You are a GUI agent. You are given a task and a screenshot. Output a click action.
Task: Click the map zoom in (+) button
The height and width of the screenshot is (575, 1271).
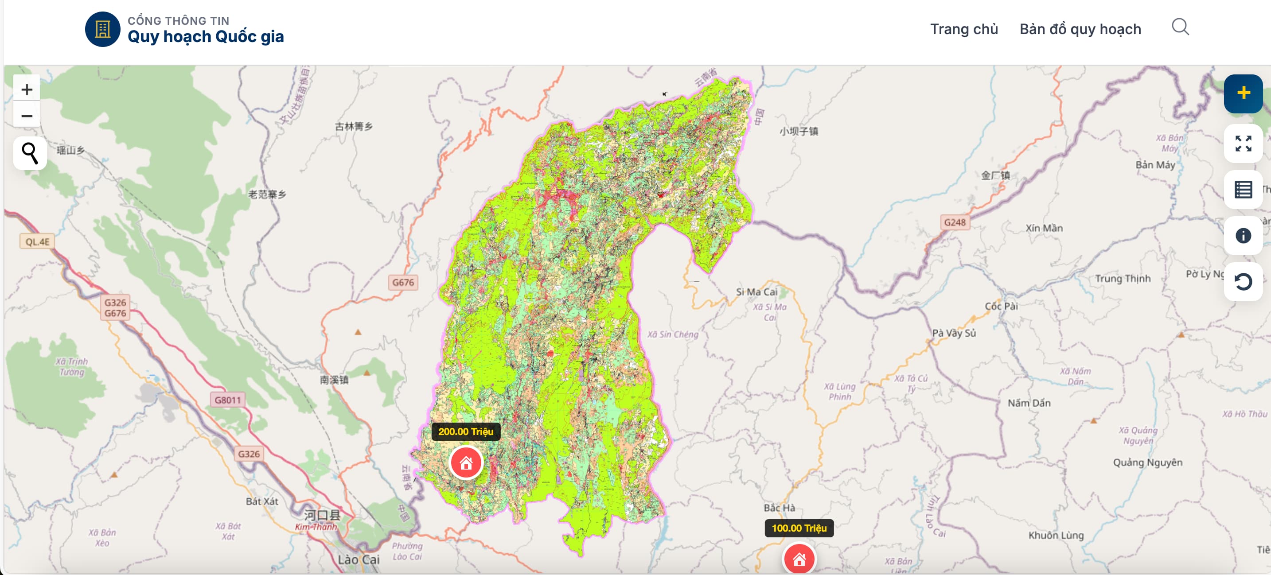27,89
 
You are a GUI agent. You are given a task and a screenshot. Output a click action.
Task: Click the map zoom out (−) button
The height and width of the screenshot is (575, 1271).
27,116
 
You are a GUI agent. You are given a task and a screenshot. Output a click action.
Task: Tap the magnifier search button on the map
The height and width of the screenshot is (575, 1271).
30,153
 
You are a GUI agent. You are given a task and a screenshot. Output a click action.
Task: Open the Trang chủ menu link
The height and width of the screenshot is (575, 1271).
963,29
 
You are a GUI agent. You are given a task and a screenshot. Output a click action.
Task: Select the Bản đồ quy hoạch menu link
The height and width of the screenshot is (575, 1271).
1080,29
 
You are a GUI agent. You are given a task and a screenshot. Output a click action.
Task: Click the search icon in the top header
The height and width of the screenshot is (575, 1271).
1180,27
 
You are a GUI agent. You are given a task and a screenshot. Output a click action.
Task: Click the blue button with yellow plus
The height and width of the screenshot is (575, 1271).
1243,93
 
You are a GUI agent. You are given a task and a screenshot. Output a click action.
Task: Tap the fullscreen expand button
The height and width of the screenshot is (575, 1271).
1243,144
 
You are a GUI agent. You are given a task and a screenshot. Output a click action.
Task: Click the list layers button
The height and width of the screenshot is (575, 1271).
1243,189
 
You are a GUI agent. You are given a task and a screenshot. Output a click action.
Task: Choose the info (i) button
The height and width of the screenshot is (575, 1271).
1243,236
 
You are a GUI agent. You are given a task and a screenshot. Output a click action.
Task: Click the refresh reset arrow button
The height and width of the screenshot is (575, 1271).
1243,282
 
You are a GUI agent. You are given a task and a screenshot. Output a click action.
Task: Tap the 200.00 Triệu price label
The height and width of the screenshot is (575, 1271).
465,431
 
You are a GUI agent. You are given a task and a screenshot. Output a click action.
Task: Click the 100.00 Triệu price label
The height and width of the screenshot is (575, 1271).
799,528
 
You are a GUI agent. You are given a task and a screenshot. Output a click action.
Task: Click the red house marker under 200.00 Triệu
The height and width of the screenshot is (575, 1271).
466,462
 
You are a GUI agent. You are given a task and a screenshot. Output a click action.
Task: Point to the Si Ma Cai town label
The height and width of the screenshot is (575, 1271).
756,292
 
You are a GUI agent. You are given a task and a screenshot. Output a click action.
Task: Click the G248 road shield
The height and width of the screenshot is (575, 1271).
954,222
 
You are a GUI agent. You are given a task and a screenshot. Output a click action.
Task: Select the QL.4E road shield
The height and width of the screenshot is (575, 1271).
38,241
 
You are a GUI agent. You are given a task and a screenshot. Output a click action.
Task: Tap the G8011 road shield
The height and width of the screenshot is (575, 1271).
227,400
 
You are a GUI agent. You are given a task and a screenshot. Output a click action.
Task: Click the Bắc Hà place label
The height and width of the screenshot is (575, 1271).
779,507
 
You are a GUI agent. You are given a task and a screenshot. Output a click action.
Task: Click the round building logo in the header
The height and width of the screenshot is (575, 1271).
103,29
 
